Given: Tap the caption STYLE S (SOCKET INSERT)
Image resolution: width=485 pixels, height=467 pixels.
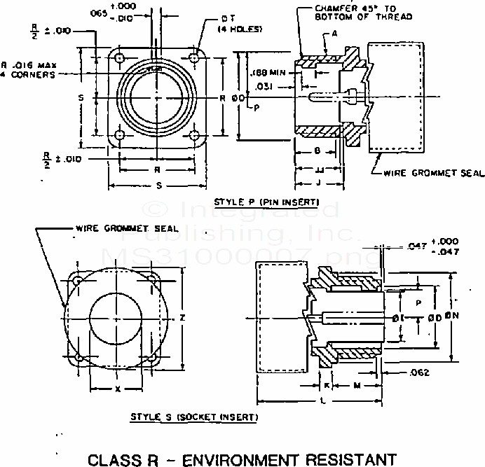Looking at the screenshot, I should click(193, 417).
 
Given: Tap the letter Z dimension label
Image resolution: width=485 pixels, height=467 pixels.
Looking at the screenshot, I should click(182, 318).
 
